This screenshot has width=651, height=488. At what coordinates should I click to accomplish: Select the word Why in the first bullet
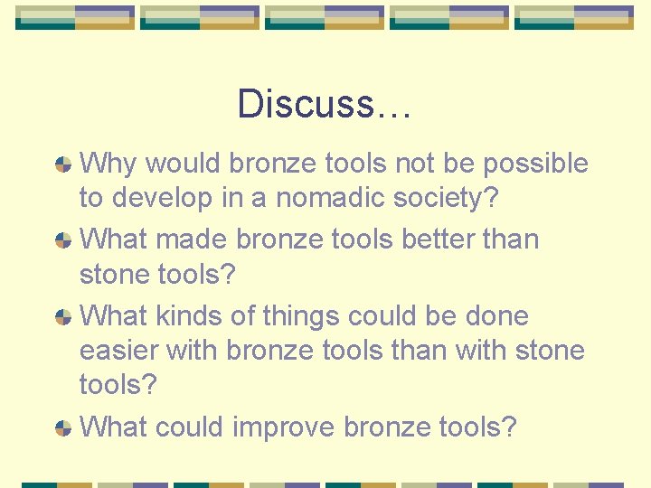tap(109, 164)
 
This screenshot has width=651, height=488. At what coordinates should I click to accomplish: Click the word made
tap(193, 239)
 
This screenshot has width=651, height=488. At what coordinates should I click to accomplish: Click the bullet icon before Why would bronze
tap(63, 164)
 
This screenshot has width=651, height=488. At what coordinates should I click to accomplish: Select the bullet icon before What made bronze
tap(63, 240)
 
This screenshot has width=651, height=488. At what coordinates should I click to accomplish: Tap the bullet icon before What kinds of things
tap(63, 317)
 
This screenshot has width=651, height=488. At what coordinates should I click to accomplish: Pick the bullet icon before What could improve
tap(63, 427)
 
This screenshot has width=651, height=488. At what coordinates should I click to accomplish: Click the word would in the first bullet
tap(184, 164)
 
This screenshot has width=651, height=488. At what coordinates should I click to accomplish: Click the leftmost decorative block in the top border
tap(75, 17)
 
